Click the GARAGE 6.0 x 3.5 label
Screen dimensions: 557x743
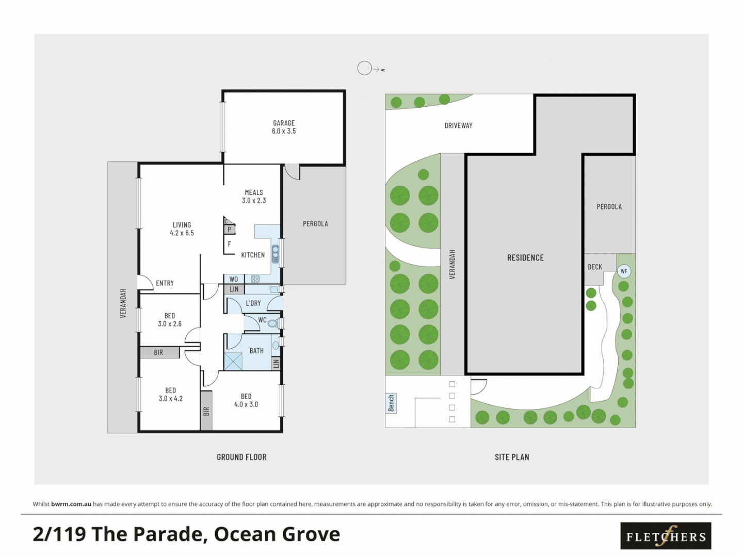[x=284, y=127]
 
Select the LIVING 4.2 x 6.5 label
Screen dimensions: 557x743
[x=182, y=229]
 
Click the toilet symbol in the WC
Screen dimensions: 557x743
[x=274, y=323]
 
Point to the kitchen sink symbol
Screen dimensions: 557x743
[x=276, y=254]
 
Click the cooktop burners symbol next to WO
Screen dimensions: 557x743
[x=255, y=279]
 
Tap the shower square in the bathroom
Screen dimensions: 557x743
[x=233, y=361]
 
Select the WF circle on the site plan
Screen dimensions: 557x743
[x=624, y=271]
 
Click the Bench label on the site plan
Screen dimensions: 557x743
[x=391, y=403]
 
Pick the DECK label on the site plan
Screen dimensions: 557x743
[x=595, y=267]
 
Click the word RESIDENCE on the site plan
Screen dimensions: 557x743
[x=525, y=258]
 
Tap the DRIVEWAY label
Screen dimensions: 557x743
[x=458, y=125]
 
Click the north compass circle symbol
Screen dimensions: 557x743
[x=365, y=68]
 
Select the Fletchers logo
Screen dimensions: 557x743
[x=666, y=536]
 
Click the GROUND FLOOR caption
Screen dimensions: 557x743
[x=241, y=457]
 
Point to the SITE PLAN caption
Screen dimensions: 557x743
[x=512, y=457]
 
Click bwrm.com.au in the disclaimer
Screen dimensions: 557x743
[x=71, y=504]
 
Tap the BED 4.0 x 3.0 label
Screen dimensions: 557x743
[x=246, y=400]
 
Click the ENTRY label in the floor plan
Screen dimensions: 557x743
[x=165, y=283]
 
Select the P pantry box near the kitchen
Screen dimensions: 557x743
[x=229, y=230]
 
